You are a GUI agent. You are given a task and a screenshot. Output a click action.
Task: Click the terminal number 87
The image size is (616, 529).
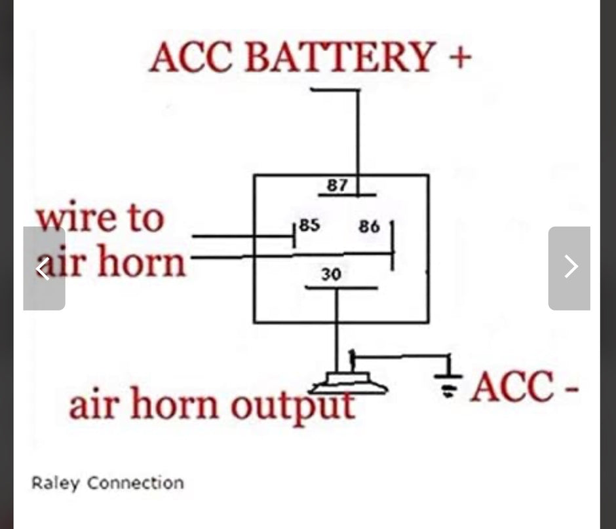point(337,185)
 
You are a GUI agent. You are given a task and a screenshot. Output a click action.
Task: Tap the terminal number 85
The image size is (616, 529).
point(309,225)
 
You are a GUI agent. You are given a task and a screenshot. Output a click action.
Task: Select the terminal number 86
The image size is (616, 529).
point(369,227)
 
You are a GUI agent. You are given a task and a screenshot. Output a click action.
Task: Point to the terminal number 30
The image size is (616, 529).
point(331,274)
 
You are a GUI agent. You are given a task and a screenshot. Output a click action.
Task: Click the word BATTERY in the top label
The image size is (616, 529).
point(340,57)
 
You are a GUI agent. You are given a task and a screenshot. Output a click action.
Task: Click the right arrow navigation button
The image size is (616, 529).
point(569,268)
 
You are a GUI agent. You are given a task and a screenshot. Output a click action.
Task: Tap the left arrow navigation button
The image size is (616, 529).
point(44,268)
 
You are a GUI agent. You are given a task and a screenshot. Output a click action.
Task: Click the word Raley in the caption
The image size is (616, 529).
point(55,483)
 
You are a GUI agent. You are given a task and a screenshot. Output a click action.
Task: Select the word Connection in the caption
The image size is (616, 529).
point(136,483)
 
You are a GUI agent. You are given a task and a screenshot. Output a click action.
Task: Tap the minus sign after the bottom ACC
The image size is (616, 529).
point(571,390)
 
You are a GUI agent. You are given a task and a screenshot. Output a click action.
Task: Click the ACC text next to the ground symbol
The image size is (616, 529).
point(512,386)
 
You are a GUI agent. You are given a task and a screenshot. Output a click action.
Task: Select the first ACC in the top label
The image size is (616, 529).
point(191,57)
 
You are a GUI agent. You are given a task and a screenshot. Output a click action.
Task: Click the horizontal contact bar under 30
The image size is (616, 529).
point(341,287)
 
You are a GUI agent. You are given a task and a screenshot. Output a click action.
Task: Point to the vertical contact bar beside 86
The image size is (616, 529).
point(392,246)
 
